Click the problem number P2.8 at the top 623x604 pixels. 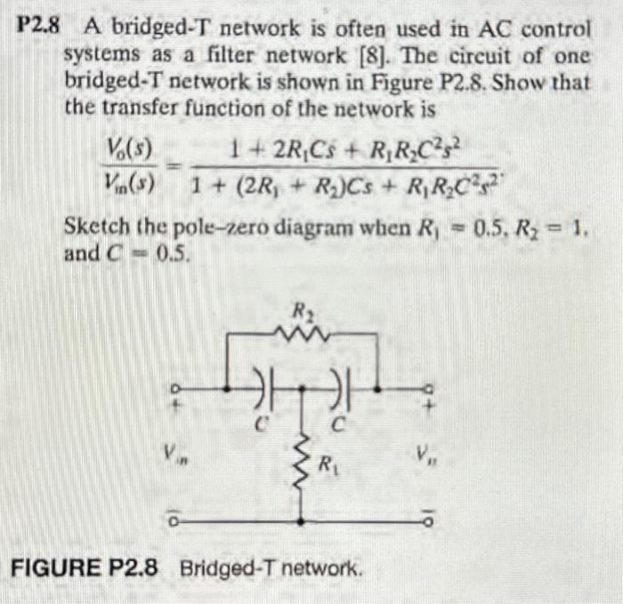pyautogui.click(x=37, y=28)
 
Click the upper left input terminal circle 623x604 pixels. pyautogui.click(x=175, y=388)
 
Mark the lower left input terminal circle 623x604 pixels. pyautogui.click(x=175, y=521)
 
